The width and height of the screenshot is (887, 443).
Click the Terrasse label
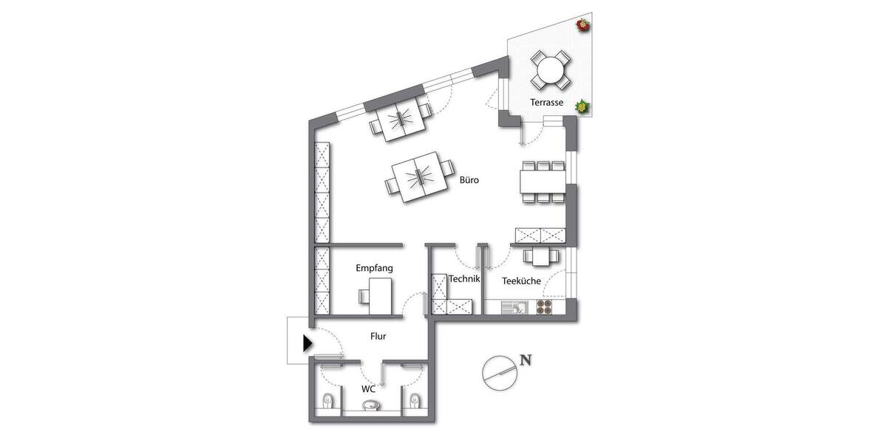pyautogui.click(x=547, y=103)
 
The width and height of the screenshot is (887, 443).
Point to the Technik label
pyautogui.click(x=465, y=279)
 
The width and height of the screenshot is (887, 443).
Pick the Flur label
pyautogui.click(x=378, y=336)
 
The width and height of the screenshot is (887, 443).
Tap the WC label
pyautogui.click(x=369, y=388)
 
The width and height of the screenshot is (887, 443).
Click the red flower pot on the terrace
pyautogui.click(x=583, y=26)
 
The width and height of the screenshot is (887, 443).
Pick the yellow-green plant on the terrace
pyautogui.click(x=582, y=107)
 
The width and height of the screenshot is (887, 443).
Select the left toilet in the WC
pyautogui.click(x=327, y=402)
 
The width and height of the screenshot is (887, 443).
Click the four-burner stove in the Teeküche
pyautogui.click(x=545, y=308)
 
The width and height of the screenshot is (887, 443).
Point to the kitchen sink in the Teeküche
pyautogui.click(x=514, y=308)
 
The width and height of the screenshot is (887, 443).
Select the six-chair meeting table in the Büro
pyautogui.click(x=543, y=181)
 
